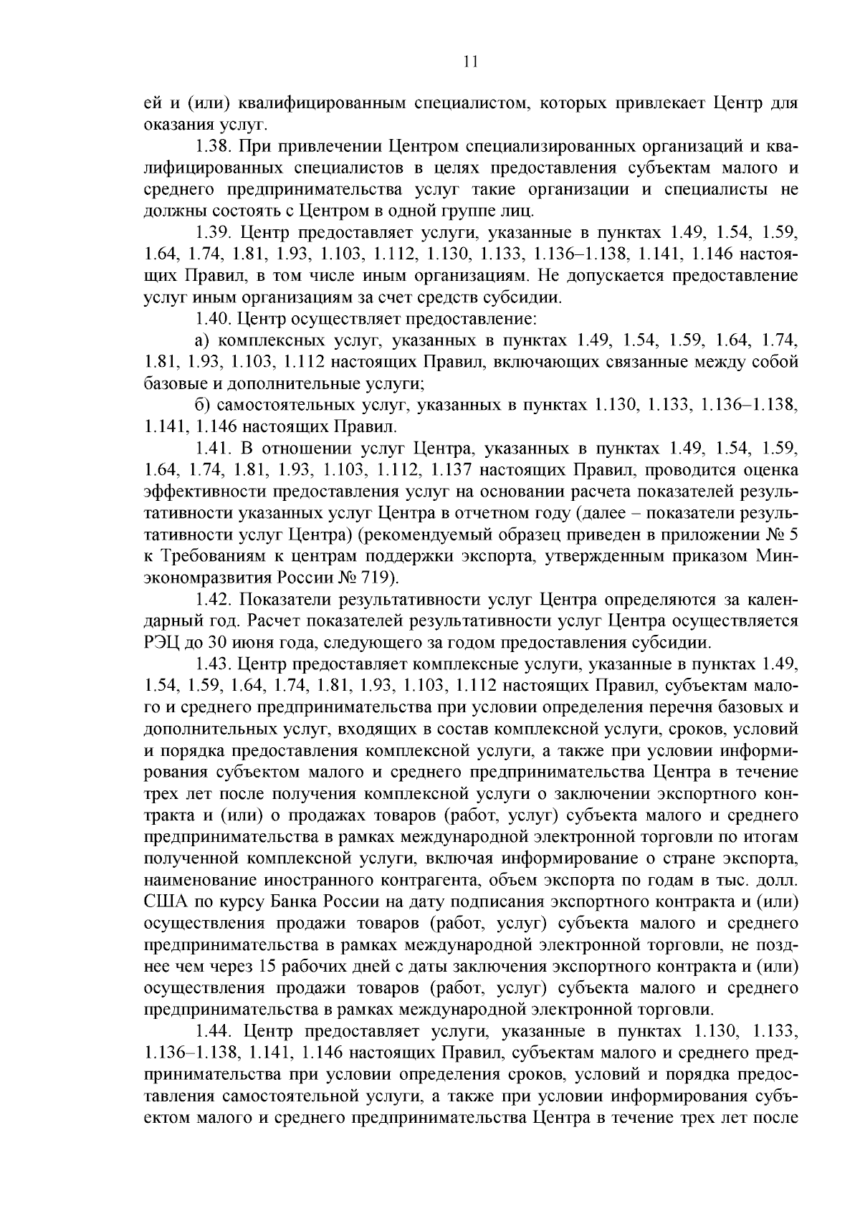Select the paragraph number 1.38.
[214, 147]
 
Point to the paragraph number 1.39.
[214, 232]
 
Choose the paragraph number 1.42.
[214, 600]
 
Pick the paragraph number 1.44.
[214, 1031]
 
